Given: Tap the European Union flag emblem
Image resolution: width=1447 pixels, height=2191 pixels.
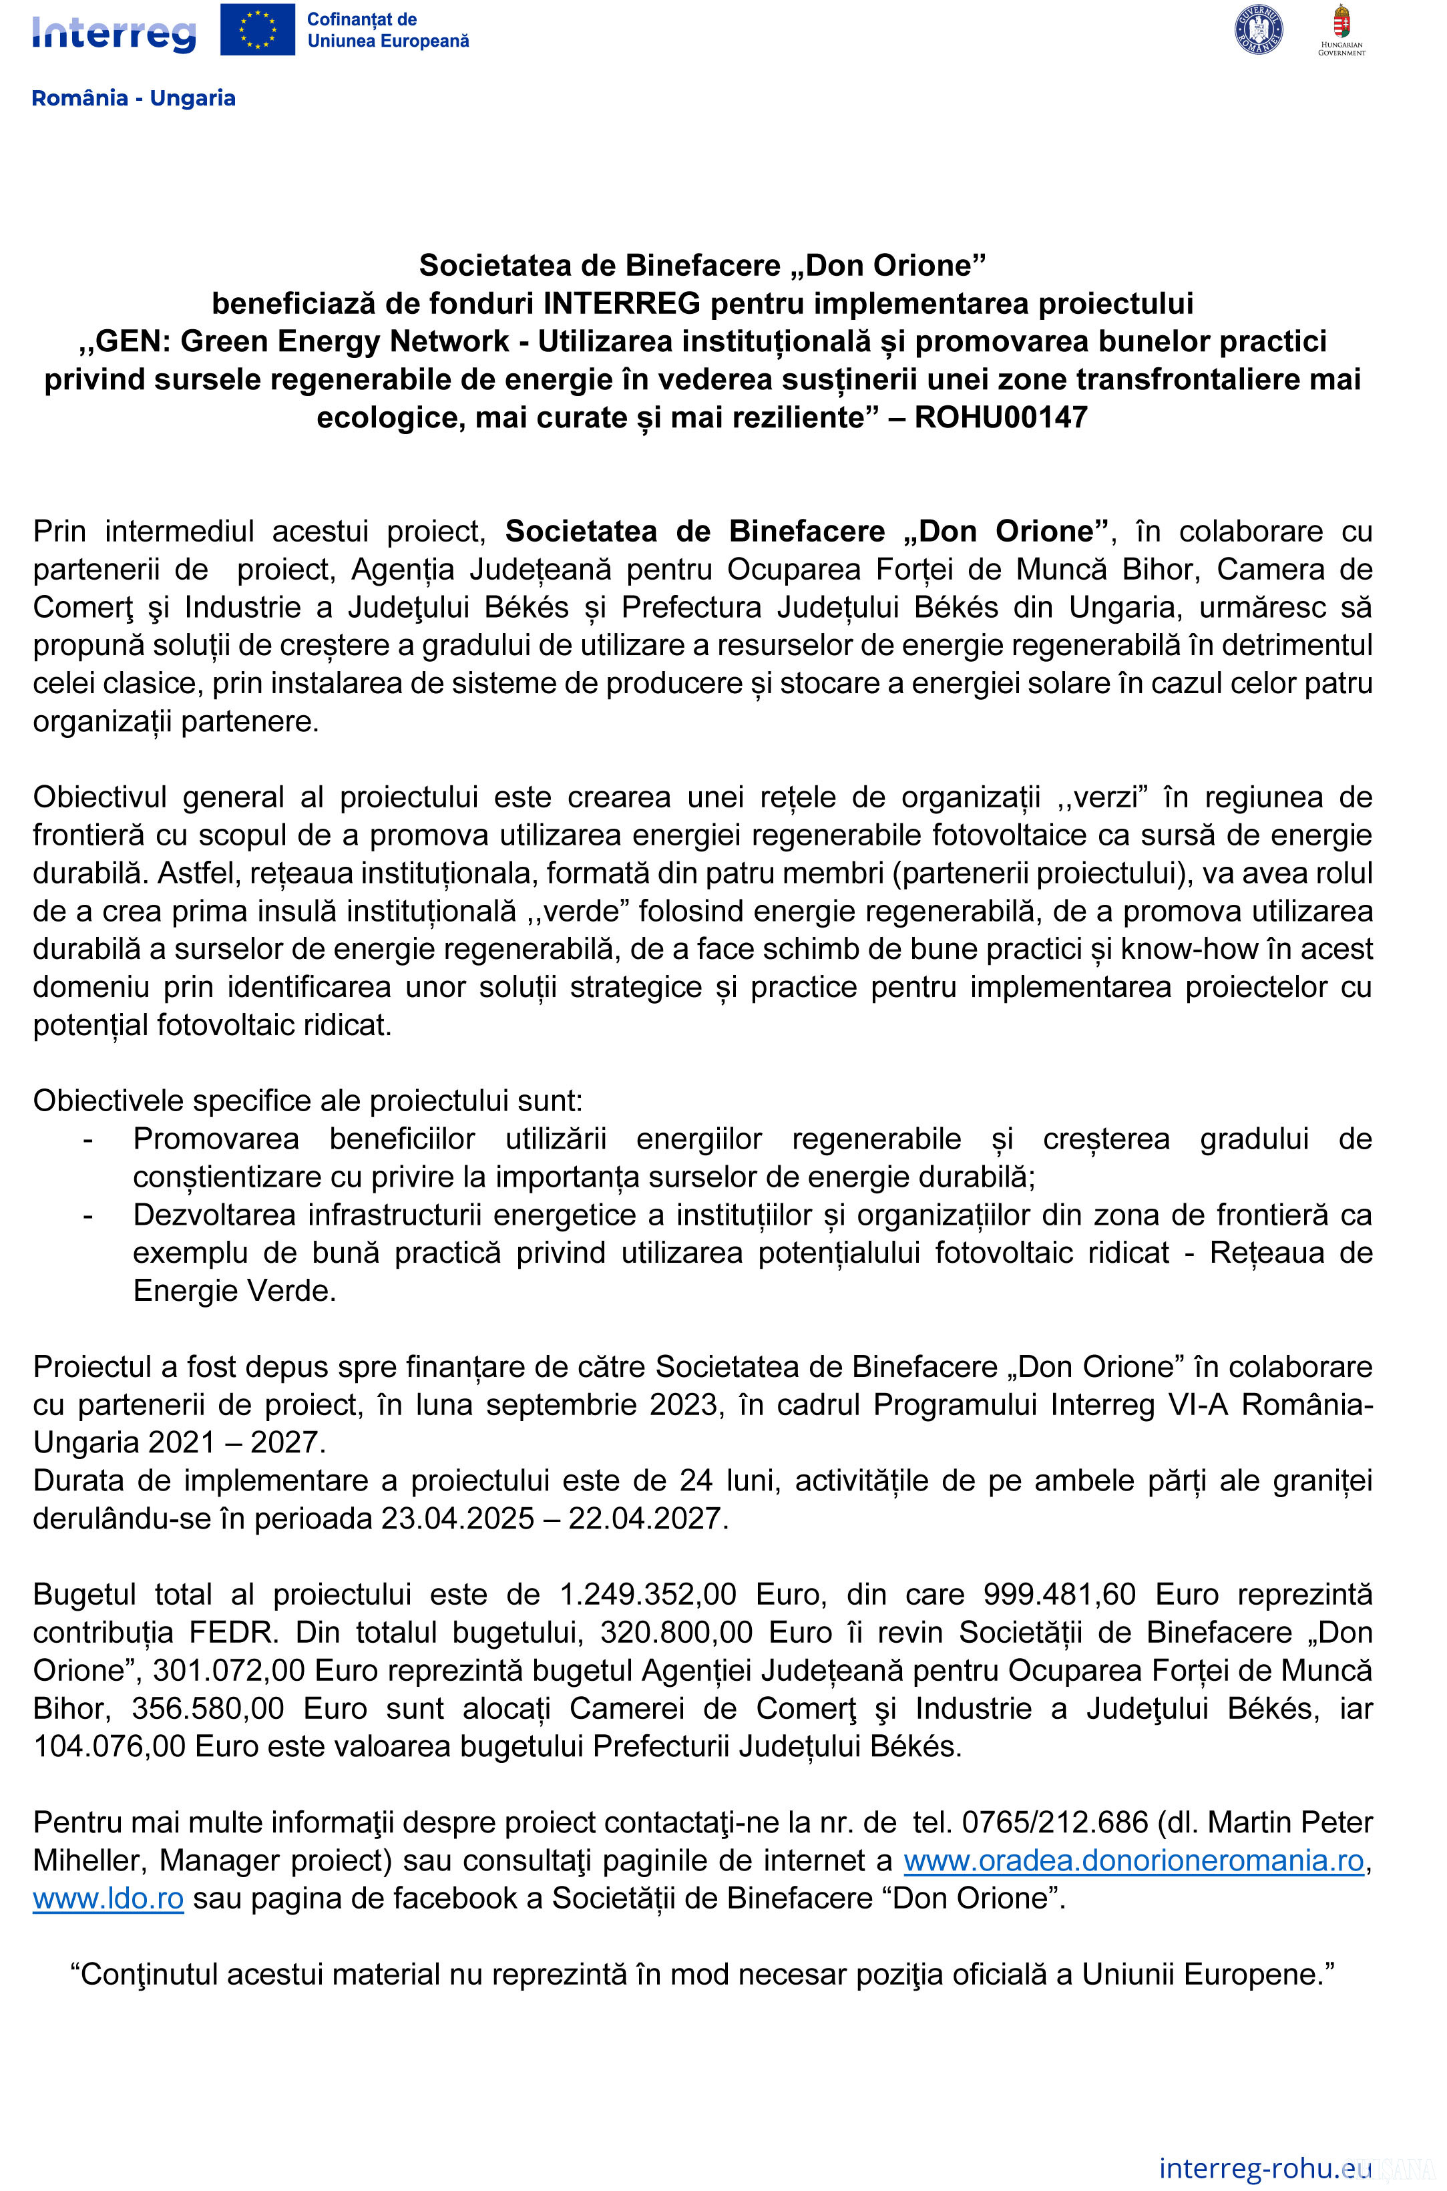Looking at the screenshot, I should [258, 29].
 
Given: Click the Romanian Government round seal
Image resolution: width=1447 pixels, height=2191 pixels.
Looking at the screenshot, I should [1258, 29].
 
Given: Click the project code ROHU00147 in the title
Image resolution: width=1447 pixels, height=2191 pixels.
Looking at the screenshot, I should [1000, 418].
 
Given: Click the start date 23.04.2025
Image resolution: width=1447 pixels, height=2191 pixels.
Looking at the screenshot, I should [457, 1518].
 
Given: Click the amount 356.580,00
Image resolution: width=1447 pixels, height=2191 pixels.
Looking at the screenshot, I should [208, 1708].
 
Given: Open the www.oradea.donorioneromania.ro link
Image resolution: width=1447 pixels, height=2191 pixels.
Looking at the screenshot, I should [1133, 1860].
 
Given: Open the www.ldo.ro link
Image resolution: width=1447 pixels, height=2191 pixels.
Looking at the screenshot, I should [108, 1899].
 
